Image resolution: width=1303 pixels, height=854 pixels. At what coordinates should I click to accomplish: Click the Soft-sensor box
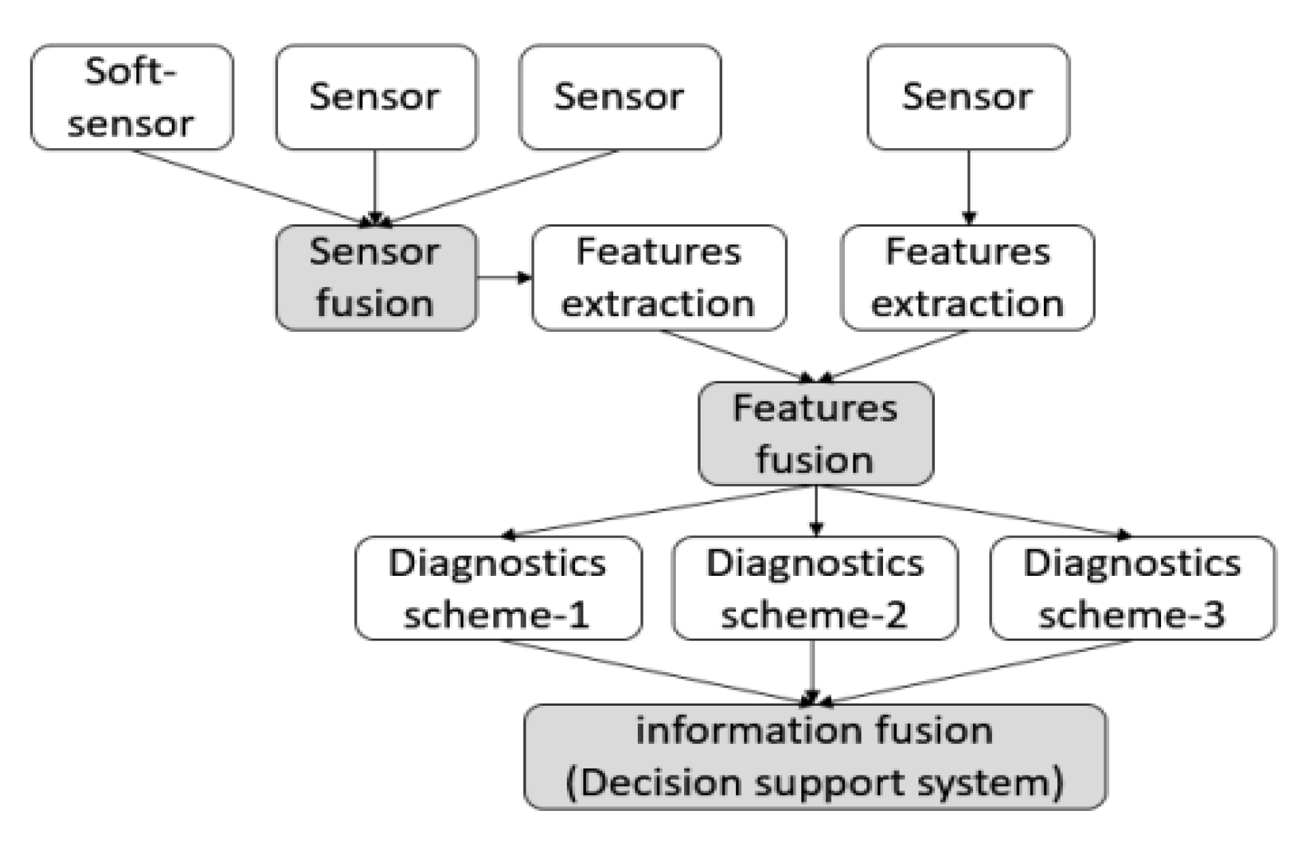point(132,97)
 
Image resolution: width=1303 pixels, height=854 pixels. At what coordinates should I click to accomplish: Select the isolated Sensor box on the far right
point(968,97)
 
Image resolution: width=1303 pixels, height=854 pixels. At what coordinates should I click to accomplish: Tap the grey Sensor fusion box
point(376,277)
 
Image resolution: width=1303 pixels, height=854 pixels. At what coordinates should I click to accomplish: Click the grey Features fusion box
point(815,434)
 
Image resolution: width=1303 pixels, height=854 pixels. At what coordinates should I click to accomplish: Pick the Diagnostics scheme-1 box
point(498,589)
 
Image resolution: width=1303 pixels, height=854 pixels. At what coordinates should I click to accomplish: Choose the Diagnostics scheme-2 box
point(815,589)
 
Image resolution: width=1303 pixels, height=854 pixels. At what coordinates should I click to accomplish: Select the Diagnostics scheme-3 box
point(1133,589)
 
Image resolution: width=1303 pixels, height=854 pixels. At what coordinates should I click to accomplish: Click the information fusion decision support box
point(815,756)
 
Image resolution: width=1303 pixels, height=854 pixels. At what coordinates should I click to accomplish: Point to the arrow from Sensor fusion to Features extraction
point(504,277)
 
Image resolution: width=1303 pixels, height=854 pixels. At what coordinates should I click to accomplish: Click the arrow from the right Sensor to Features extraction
point(968,187)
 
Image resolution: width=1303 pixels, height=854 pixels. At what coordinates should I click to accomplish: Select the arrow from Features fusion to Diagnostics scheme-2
point(816,510)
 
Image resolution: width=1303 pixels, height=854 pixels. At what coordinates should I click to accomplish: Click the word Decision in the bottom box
point(659,782)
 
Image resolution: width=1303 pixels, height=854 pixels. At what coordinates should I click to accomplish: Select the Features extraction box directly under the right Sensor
point(967,277)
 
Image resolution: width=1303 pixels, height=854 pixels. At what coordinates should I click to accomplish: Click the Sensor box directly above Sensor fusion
point(376,97)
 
